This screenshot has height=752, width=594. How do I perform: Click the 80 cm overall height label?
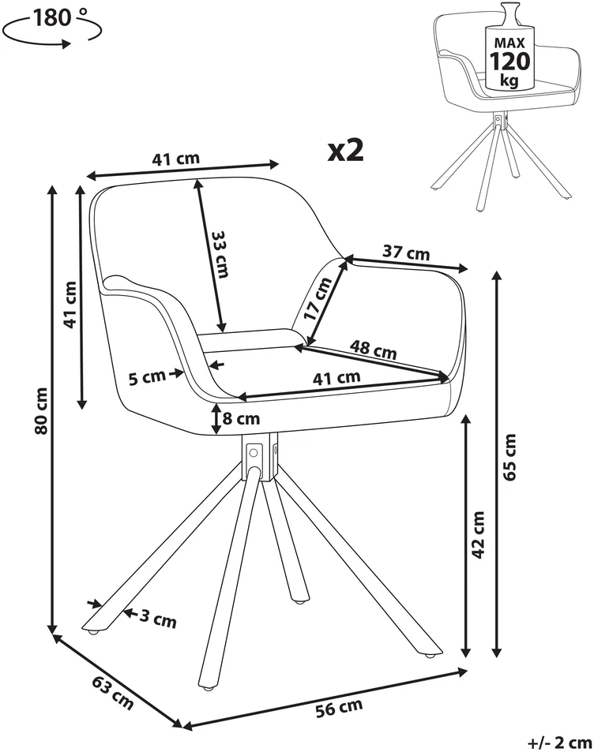[42, 411]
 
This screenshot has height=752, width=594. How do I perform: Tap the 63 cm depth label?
[112, 693]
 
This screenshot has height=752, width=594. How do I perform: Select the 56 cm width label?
[339, 707]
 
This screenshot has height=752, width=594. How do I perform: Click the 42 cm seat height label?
[478, 535]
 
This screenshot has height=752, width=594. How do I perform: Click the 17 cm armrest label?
[318, 299]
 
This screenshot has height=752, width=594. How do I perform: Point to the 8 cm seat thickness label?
[241, 419]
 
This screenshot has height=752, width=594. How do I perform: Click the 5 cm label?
[147, 377]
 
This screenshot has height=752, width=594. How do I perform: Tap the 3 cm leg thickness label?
[158, 619]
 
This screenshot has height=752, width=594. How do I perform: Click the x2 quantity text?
[346, 151]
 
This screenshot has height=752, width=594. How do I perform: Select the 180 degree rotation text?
[58, 18]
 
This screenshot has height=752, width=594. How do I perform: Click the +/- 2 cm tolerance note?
[559, 743]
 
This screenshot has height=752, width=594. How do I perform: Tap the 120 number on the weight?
[509, 61]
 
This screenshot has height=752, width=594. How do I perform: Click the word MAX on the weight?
[510, 43]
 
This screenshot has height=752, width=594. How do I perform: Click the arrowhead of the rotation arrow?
[66, 43]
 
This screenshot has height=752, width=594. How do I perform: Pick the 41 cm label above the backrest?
[175, 159]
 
